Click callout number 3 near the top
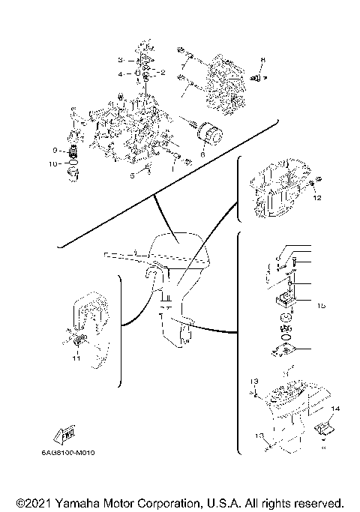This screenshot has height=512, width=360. (x=119, y=59)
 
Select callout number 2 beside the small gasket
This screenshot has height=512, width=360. (x=163, y=72)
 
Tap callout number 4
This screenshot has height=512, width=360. (x=119, y=74)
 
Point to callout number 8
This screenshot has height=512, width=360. (x=262, y=58)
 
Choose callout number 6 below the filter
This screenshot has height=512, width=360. (x=202, y=154)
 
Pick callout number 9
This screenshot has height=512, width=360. (x=55, y=150)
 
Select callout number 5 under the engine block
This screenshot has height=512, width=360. (x=131, y=175)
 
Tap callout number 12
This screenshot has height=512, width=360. (x=316, y=199)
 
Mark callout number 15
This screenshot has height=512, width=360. (x=320, y=305)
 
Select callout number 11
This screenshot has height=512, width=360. (x=76, y=359)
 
